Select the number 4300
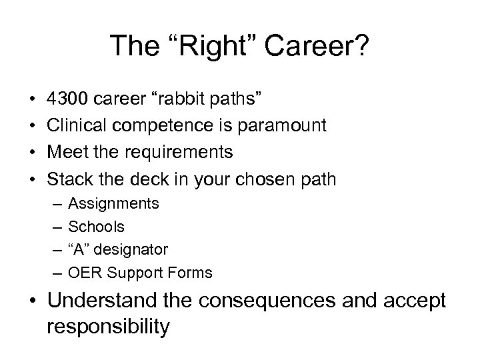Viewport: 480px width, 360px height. click(x=69, y=100)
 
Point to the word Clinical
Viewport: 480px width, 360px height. click(x=75, y=126)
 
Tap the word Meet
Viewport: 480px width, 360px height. click(x=67, y=153)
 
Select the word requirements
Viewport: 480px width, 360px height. click(x=177, y=153)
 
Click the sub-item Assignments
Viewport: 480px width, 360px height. click(x=113, y=204)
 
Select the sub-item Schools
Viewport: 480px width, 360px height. click(x=96, y=227)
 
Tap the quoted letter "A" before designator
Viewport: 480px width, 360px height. click(x=79, y=249)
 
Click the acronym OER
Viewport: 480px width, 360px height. click(x=84, y=273)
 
